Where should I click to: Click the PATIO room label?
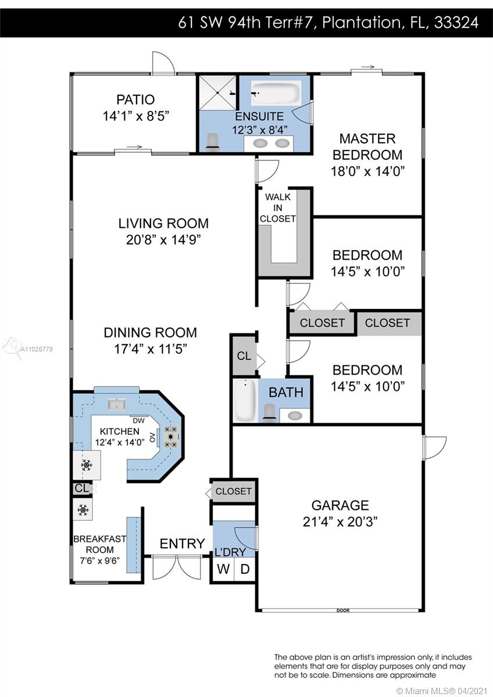(135, 99)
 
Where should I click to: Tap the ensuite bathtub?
(276, 93)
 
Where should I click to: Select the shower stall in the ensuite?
(217, 92)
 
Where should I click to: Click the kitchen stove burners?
(171, 437)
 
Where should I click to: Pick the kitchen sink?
(117, 404)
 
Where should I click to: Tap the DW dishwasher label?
(138, 421)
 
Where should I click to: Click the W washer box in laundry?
(223, 569)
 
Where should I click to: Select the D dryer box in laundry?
(245, 569)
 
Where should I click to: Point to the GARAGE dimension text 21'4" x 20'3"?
(340, 522)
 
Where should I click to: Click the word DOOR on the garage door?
(343, 610)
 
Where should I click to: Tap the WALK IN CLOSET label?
(277, 208)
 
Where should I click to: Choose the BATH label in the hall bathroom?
(286, 393)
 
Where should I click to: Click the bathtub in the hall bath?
(246, 400)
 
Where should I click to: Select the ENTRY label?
(182, 544)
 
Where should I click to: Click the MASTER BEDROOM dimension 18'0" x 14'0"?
(367, 171)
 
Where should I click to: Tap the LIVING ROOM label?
(163, 224)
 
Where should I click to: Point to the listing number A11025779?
(37, 349)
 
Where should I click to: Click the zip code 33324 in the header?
(456, 23)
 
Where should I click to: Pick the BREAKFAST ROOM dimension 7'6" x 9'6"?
(99, 561)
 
